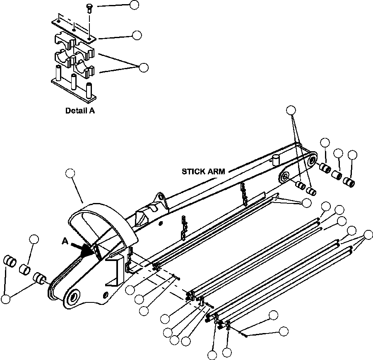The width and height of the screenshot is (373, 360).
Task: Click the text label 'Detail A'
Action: tap(80, 111)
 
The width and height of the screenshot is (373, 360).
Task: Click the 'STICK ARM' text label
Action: tap(203, 172)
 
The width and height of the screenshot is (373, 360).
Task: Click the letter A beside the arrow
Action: tap(65, 242)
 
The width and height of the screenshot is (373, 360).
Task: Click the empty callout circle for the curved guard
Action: tap(70, 174)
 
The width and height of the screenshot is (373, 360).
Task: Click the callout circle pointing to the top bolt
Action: tap(134, 5)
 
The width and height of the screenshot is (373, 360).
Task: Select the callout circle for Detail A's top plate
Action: tap(137, 35)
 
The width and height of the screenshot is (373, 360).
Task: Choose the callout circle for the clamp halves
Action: tap(143, 68)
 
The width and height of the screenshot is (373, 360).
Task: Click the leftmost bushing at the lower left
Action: tap(10, 261)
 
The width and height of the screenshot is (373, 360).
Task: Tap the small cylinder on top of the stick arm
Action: tap(276, 159)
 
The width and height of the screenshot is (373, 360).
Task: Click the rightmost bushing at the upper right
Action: tap(349, 182)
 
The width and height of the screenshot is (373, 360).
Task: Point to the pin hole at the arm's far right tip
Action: tap(312, 161)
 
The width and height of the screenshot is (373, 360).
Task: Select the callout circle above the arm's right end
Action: tap(291, 110)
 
